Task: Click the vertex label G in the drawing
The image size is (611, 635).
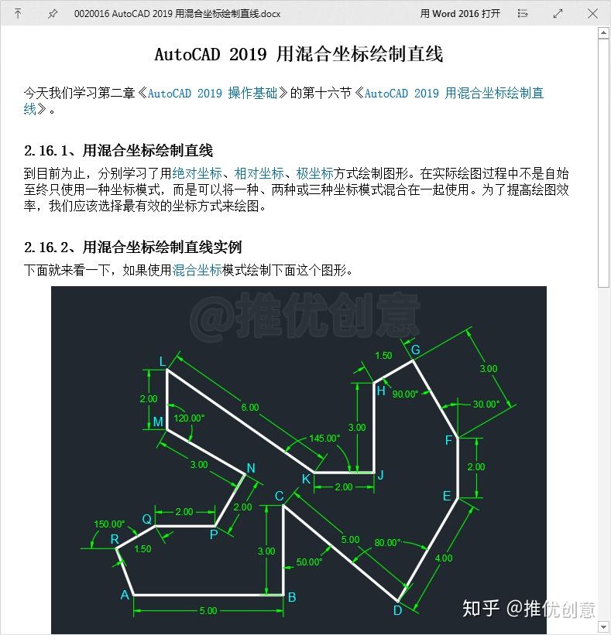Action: coord(415,350)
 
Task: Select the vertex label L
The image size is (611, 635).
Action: coord(162,361)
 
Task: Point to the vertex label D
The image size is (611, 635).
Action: coord(397,610)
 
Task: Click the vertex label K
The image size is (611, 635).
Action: coord(306,479)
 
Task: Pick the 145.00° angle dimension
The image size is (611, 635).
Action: coord(324,438)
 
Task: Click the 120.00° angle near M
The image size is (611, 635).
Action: coord(189,418)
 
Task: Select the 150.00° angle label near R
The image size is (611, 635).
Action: coord(109,524)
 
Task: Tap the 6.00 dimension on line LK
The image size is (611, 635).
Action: coord(249,407)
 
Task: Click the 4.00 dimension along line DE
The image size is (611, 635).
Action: coord(444,558)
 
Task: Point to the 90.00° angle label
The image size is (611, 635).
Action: coord(405,394)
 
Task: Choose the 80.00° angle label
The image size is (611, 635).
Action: coord(386,543)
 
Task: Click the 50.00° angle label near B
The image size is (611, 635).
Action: coord(309,562)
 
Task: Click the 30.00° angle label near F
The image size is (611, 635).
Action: coord(486,404)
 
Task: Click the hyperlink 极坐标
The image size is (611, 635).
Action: coord(314,173)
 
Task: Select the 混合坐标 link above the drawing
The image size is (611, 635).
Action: coord(197,270)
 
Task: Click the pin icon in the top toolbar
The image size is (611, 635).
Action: coord(52,13)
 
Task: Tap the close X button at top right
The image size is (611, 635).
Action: coord(592,13)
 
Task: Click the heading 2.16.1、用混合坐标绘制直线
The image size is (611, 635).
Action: coord(118,150)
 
